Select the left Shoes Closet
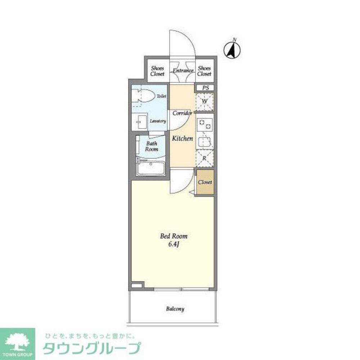coord(157,71)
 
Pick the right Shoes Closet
coord(204,71)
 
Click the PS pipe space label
coord(205,88)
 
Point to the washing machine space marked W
coord(204,101)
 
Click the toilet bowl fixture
coord(142,96)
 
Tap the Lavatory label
coord(158,121)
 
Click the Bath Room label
coord(152,146)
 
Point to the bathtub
coord(151,168)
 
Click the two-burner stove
coord(204,124)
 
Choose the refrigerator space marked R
coord(204,158)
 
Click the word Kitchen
coord(183,138)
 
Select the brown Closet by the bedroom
coord(205,182)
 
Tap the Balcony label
coord(175,309)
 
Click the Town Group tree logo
coord(17,341)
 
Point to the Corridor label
coord(182,113)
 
